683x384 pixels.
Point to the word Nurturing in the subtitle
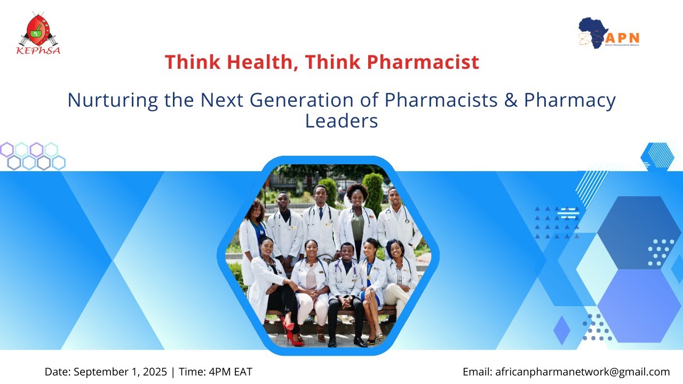pyautogui.click(x=113, y=100)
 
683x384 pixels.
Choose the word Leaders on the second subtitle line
pyautogui.click(x=341, y=121)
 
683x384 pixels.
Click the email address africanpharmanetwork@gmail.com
pyautogui.click(x=582, y=372)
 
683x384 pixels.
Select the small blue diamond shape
pyautogui.click(x=562, y=330)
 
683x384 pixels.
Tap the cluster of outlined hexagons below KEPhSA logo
pyautogui.click(x=32, y=156)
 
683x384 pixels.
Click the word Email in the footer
pyautogui.click(x=476, y=372)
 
